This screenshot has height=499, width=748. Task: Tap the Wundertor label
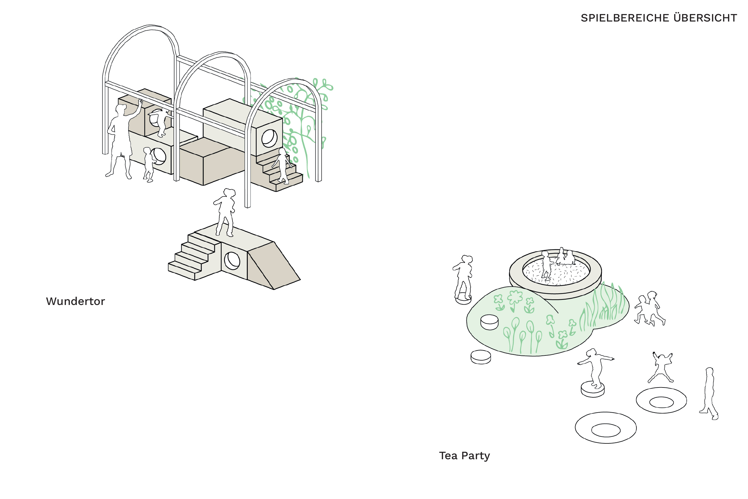click(x=75, y=301)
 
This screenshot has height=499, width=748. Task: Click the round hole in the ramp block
click(x=232, y=261)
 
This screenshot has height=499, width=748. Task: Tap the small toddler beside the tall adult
click(x=149, y=164)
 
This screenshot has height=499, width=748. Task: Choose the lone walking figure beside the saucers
click(x=709, y=394)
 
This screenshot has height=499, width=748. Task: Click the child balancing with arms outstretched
click(x=595, y=368)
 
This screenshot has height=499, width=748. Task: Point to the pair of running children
click(x=650, y=308)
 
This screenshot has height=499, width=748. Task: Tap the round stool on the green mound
click(x=489, y=322)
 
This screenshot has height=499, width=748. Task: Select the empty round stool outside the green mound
click(x=481, y=357)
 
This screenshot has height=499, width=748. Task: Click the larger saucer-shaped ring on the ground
click(x=606, y=428)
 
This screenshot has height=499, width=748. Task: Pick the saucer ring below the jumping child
click(x=662, y=400)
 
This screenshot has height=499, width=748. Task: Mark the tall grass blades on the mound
click(x=602, y=306)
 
